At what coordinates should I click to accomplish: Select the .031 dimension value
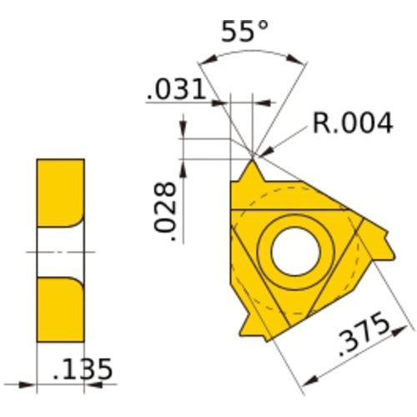pos(176,89)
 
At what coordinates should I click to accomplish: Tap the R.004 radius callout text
pos(352,124)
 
